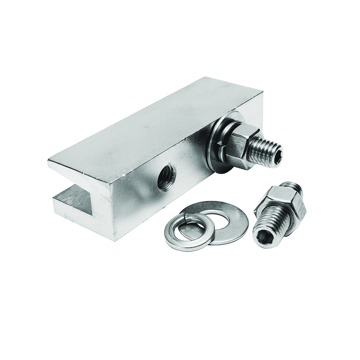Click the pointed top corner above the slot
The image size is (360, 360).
point(49,160)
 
